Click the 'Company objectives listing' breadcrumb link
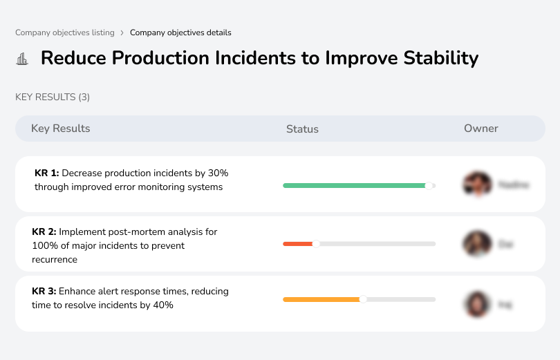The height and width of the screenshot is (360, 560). tap(66, 32)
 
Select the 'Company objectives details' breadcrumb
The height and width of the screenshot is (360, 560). tap(180, 32)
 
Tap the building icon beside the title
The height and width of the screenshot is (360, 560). tap(22, 59)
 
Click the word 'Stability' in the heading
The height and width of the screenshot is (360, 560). tap(440, 58)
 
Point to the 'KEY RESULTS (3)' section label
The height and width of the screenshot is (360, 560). tap(53, 97)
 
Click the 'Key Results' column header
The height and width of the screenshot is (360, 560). tap(61, 129)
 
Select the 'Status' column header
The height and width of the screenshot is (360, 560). tap(302, 129)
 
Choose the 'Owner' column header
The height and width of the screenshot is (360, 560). tap(481, 129)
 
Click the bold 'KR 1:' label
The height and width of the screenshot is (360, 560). tap(47, 173)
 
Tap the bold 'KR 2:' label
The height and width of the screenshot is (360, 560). tap(44, 231)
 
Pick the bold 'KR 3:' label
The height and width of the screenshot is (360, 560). tap(44, 291)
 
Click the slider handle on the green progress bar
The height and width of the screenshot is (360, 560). tap(429, 185)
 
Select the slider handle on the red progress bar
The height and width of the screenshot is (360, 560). tap(316, 243)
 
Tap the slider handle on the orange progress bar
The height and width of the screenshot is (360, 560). tap(363, 299)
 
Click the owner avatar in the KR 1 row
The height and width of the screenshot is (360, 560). tap(477, 184)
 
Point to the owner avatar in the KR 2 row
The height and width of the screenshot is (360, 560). tap(477, 244)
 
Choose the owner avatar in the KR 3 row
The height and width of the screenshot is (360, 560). tap(477, 303)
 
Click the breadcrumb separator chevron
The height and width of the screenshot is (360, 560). tap(122, 32)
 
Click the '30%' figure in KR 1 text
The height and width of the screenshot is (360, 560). tap(217, 173)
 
